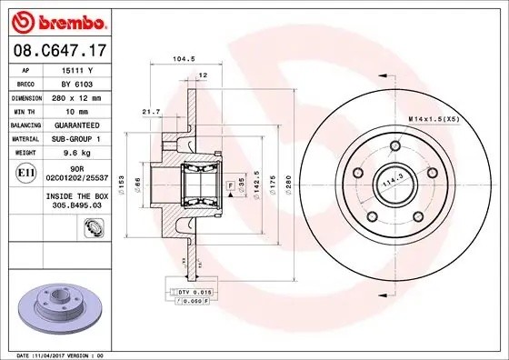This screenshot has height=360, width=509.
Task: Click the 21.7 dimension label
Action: (152, 111)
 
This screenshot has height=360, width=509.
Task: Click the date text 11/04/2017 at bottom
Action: (55, 354)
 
